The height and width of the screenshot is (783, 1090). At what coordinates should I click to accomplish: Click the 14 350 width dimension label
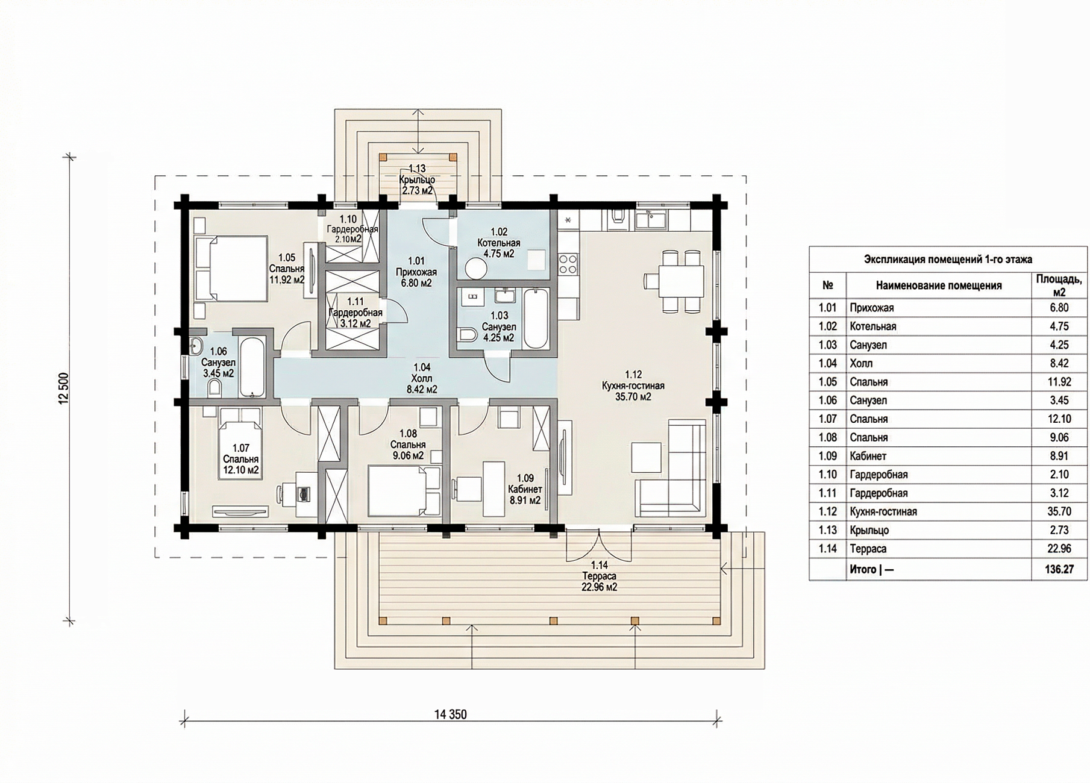450,714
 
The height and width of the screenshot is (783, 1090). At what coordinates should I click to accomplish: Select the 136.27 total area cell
1059,569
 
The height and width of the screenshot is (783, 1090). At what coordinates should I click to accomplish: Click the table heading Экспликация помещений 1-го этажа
948,260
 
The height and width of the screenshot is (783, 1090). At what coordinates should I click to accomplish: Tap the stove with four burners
568,264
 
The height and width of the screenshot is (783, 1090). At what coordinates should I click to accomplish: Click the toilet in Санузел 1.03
467,335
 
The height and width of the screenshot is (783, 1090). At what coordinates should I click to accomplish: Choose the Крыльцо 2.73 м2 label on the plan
418,180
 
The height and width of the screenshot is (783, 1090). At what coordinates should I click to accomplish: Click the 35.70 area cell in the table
1059,512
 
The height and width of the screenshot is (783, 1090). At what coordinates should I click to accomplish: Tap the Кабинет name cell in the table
868,456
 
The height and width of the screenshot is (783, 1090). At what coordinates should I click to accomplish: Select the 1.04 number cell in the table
828,363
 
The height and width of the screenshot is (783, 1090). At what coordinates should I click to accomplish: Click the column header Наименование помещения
939,285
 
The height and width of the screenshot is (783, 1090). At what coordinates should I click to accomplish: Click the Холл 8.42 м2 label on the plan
422,378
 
